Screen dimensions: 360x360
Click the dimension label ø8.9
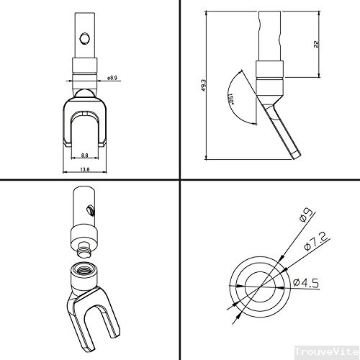point(112,78)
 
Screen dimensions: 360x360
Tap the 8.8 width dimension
point(84,155)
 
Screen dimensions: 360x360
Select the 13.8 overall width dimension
point(84,170)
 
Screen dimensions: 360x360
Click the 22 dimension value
point(317,45)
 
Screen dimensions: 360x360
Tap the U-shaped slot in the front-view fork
point(84,130)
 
